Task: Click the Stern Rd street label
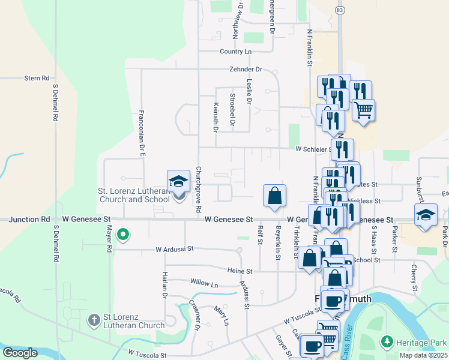37,78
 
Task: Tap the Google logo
20,353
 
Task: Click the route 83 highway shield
340,11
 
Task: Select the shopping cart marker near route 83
363,110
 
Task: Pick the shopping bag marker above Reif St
274,196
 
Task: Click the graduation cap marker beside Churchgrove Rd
178,181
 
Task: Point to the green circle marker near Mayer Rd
123,235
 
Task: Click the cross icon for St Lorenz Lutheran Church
94,320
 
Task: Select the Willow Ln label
204,283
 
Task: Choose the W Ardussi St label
175,248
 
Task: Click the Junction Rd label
29,220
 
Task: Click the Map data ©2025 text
423,355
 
